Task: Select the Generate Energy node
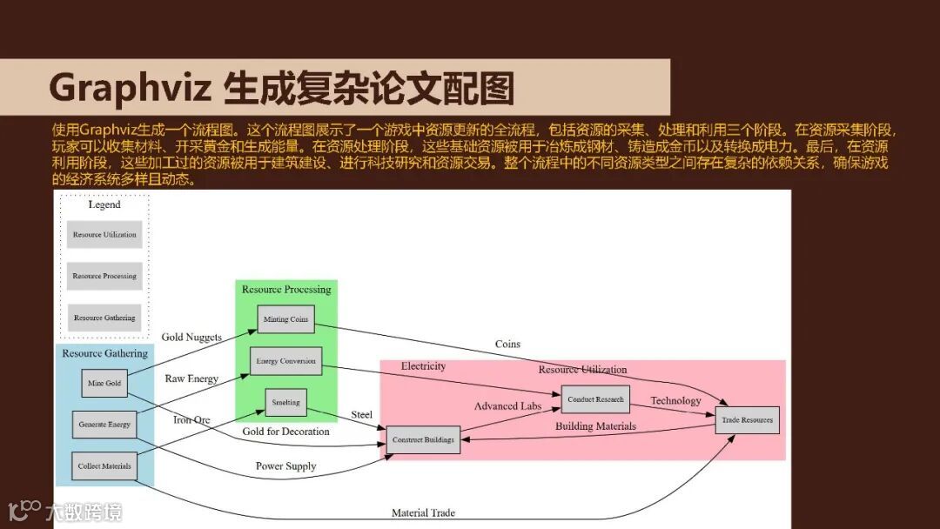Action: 104,425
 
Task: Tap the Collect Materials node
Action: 104,466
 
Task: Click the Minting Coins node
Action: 285,319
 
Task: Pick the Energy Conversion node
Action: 285,361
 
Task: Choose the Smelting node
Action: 285,402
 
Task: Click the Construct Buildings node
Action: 423,440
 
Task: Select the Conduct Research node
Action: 595,399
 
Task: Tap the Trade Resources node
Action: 746,420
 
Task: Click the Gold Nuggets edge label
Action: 191,337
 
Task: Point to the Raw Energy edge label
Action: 191,378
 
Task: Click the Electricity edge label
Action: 423,366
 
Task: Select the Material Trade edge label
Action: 423,513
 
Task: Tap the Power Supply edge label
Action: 285,466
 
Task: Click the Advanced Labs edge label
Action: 507,406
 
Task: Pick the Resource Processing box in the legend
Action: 104,276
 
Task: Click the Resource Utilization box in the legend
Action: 104,235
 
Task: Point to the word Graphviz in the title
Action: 129,88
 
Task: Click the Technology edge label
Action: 675,401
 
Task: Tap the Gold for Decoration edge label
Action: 285,432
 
